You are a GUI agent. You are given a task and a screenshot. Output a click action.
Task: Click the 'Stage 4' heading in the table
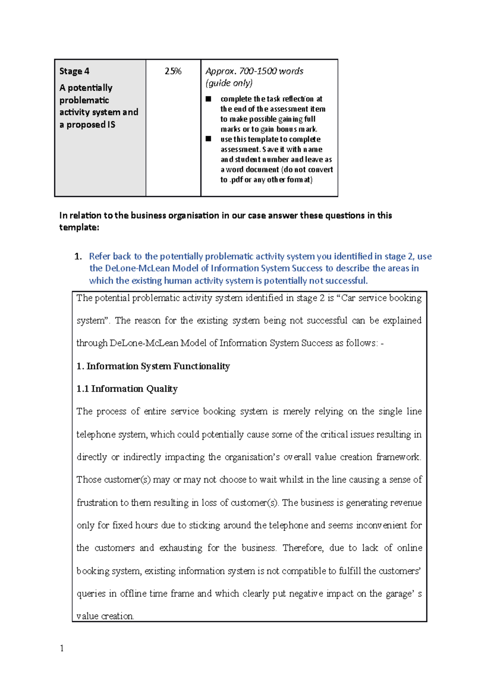click(74, 71)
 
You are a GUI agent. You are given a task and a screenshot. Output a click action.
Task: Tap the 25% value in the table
click(173, 71)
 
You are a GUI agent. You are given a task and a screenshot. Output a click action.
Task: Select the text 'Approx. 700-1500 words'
click(254, 71)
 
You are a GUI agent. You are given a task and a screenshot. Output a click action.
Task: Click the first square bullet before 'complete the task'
click(209, 99)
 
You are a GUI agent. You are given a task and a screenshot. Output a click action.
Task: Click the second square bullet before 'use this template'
click(209, 139)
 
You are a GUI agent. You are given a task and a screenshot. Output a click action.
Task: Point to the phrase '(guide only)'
click(229, 83)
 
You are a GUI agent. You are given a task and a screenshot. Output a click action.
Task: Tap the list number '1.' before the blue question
click(78, 257)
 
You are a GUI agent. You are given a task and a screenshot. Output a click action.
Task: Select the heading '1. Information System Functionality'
click(153, 366)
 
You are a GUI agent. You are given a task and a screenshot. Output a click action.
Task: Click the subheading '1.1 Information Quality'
click(127, 389)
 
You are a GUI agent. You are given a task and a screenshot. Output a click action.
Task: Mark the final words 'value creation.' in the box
click(105, 616)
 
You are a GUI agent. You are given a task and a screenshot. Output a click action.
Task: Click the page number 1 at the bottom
click(62, 648)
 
